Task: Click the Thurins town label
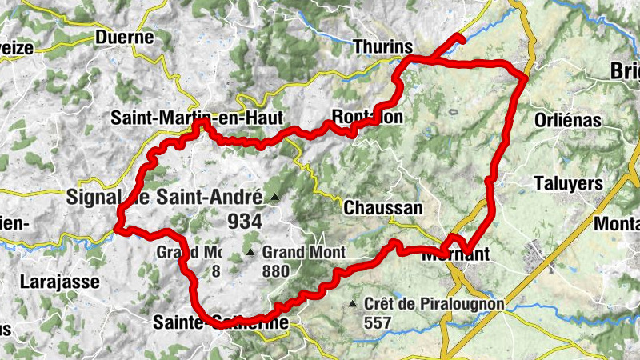382,46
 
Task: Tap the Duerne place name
123,37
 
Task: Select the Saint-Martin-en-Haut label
197,118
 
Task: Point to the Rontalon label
367,117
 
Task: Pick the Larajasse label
60,282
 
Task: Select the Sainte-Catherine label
219,322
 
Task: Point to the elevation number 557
381,322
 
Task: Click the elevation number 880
275,270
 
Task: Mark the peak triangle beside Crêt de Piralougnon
354,304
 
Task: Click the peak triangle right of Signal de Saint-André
274,197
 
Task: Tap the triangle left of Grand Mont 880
250,253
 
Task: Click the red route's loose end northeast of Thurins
462,37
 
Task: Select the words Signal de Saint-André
166,196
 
